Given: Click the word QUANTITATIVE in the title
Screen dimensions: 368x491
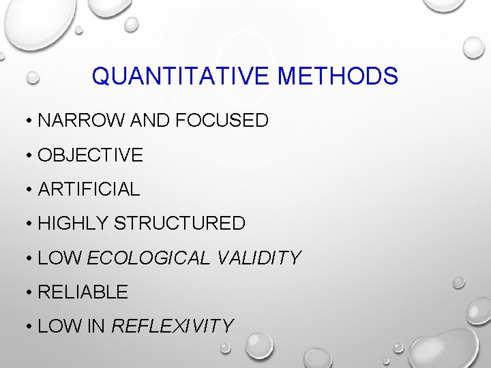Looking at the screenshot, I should (181, 76).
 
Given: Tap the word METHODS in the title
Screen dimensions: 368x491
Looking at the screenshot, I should (338, 76).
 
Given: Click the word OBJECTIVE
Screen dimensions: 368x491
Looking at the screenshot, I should (91, 155).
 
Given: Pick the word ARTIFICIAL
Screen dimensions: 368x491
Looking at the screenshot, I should (89, 189).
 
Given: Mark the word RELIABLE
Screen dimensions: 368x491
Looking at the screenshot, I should (83, 292).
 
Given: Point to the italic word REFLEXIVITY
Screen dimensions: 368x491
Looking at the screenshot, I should (172, 326).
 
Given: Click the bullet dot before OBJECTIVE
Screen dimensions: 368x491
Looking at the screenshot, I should (30, 156).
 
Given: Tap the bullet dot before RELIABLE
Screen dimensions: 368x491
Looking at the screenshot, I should (30, 293).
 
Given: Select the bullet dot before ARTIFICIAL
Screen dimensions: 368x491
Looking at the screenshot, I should (30, 190).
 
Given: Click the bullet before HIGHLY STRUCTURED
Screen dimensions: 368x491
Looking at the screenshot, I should (30, 224).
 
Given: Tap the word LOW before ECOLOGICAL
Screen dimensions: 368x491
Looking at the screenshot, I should (60, 258).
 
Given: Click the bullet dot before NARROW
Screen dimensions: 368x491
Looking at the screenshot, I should (30, 122).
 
